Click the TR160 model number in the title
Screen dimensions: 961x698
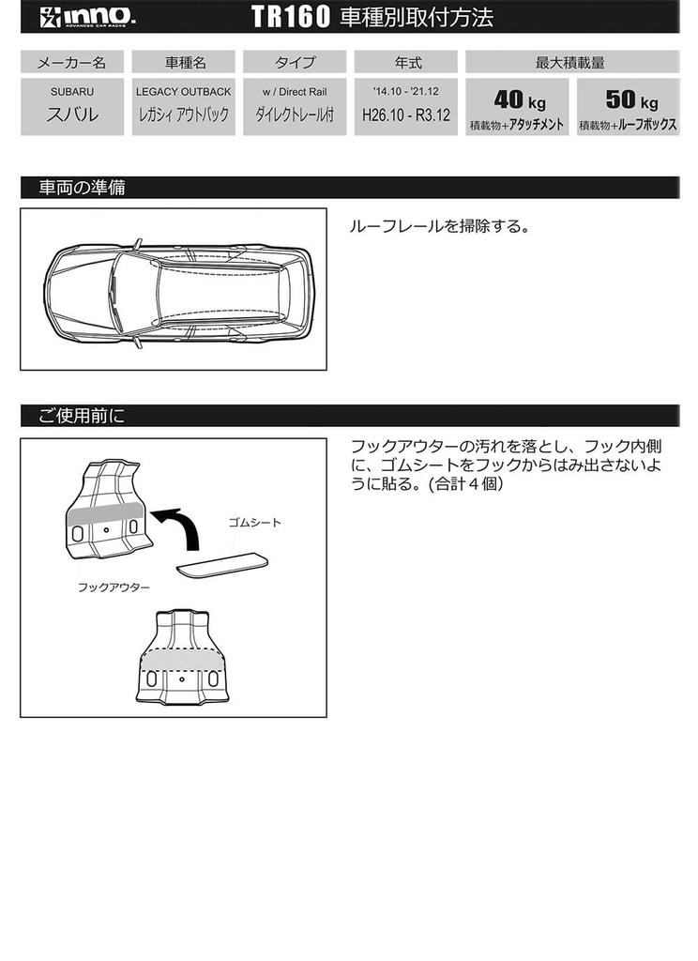pos(291,17)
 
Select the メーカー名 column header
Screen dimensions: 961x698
pos(71,63)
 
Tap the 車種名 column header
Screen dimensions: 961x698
pos(184,63)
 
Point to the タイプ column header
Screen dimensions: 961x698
pos(295,63)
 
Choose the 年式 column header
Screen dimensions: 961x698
pos(407,63)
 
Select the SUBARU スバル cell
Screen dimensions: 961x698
pos(71,107)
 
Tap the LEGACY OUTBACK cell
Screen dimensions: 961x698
pos(184,107)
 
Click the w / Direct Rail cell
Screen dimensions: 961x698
pos(295,107)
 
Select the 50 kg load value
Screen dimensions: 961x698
pos(627,99)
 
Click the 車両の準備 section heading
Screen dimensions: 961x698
pos(83,188)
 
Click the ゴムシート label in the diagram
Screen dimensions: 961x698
pos(254,523)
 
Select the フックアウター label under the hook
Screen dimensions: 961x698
pos(113,587)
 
